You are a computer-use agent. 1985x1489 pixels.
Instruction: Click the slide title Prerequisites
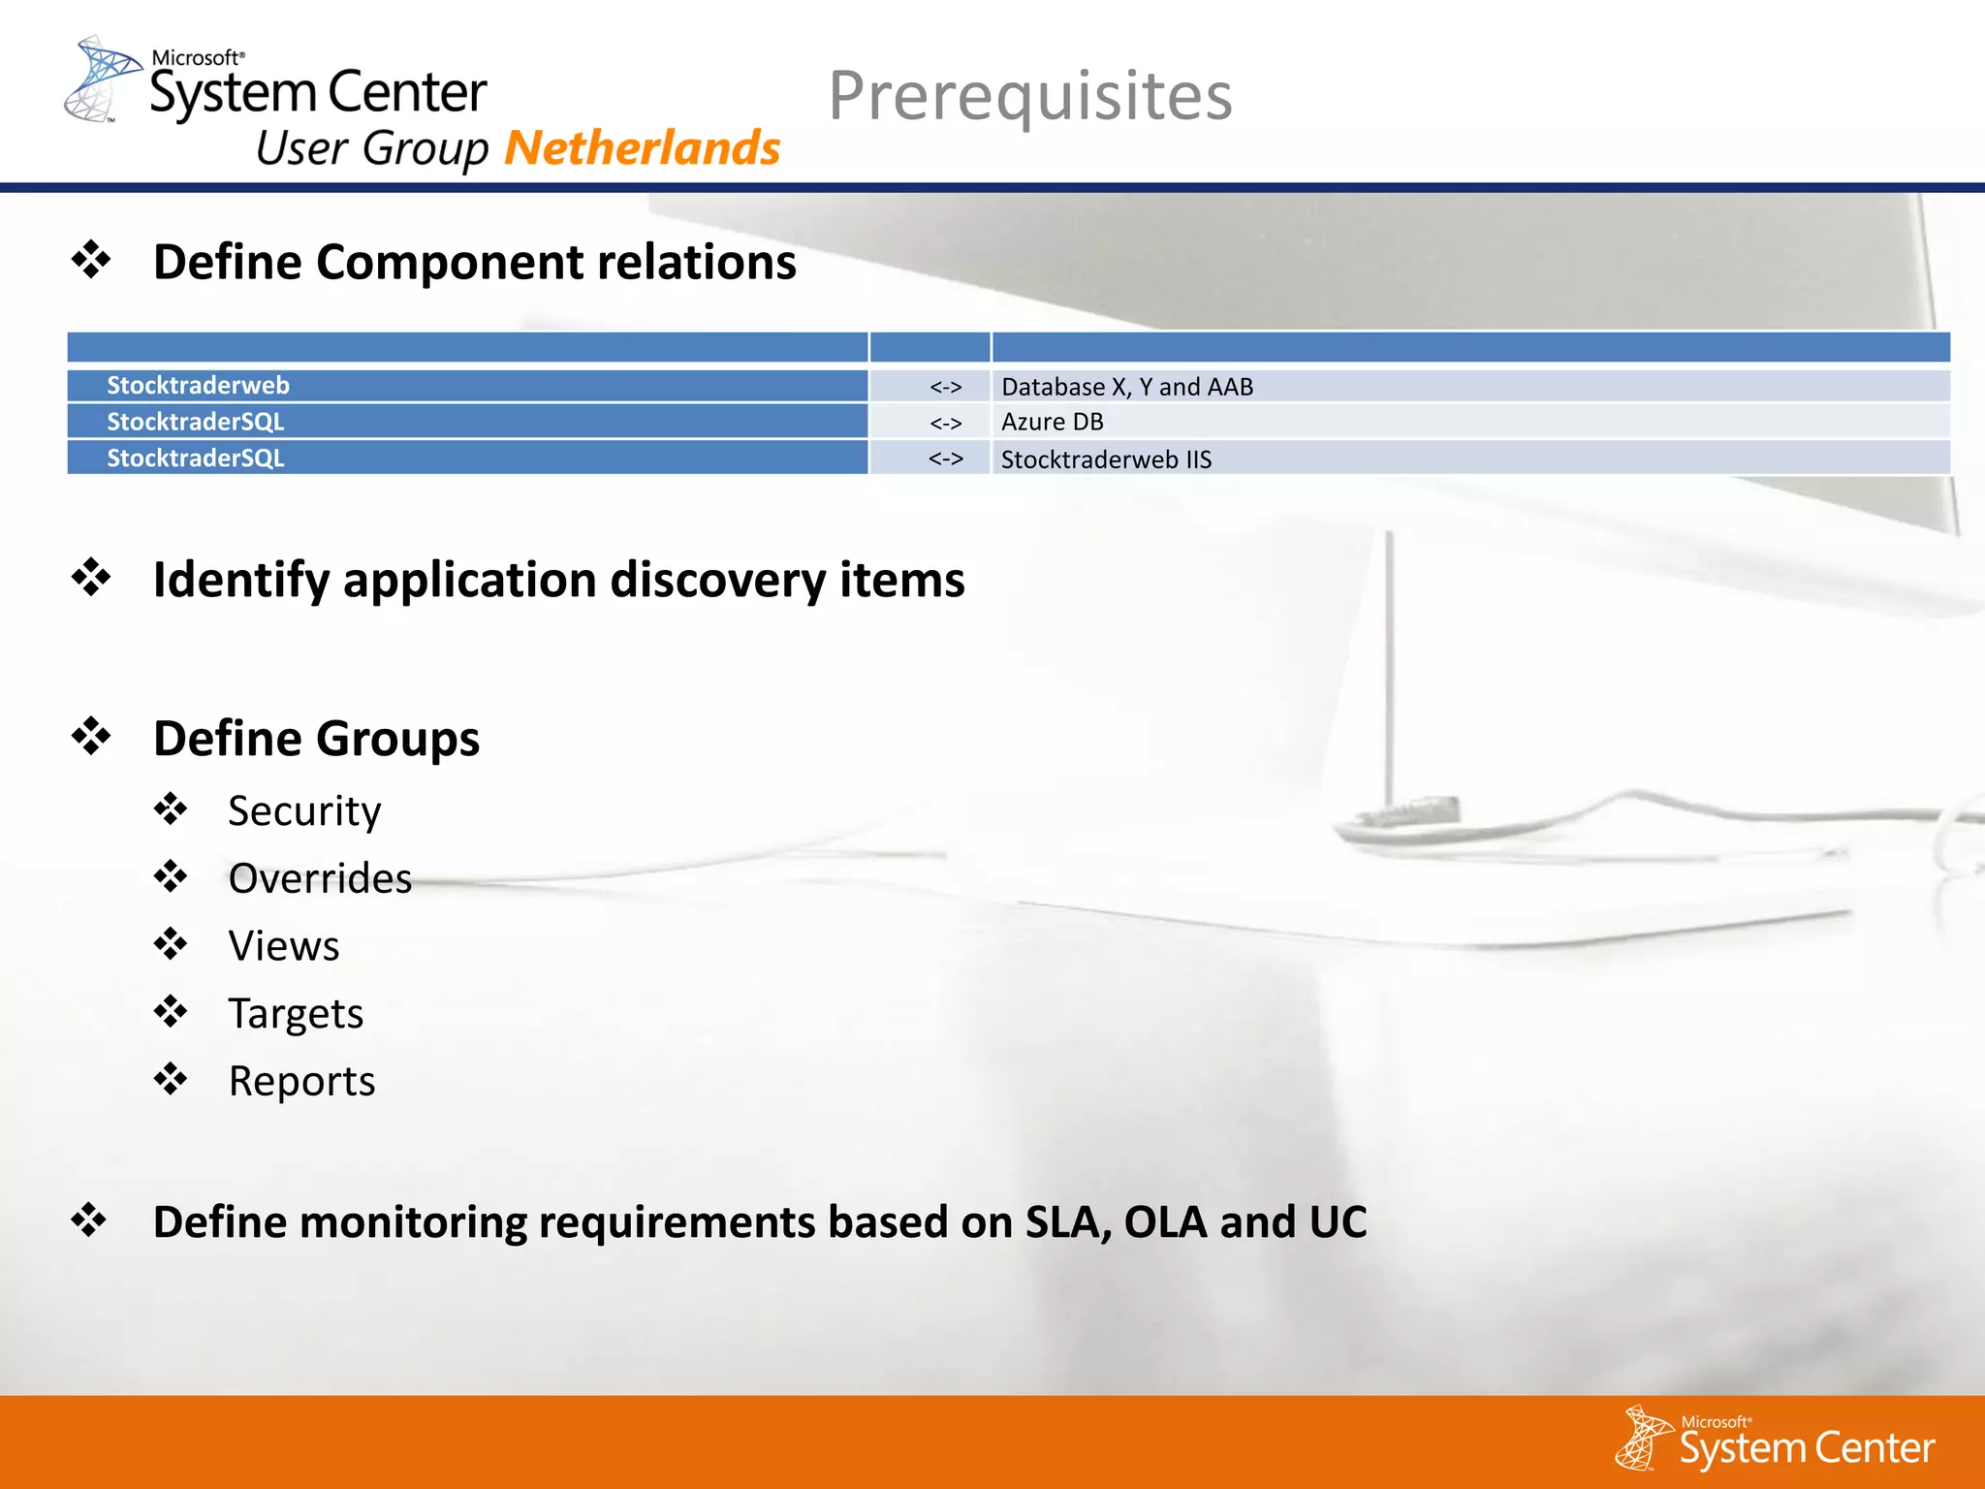(x=1029, y=96)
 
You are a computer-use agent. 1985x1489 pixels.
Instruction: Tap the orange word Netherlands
(x=642, y=148)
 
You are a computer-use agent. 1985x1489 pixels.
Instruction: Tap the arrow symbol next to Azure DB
(x=945, y=423)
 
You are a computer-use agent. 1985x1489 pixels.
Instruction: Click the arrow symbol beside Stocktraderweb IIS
(x=945, y=459)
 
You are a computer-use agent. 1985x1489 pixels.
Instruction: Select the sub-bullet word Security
(x=304, y=810)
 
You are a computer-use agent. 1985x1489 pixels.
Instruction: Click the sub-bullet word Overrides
(x=320, y=878)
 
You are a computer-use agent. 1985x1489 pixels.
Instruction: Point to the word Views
(x=284, y=946)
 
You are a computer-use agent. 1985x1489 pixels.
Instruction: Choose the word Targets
(x=296, y=1014)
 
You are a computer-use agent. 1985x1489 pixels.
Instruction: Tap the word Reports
(x=301, y=1081)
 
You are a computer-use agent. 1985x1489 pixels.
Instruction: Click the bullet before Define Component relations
(x=91, y=260)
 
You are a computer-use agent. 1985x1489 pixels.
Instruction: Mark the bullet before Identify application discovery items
(x=91, y=578)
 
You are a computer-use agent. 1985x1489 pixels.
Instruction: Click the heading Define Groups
(x=316, y=739)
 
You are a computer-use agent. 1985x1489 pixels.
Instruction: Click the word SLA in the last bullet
(x=1066, y=1221)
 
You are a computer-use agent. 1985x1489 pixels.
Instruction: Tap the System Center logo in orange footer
(x=1776, y=1441)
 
